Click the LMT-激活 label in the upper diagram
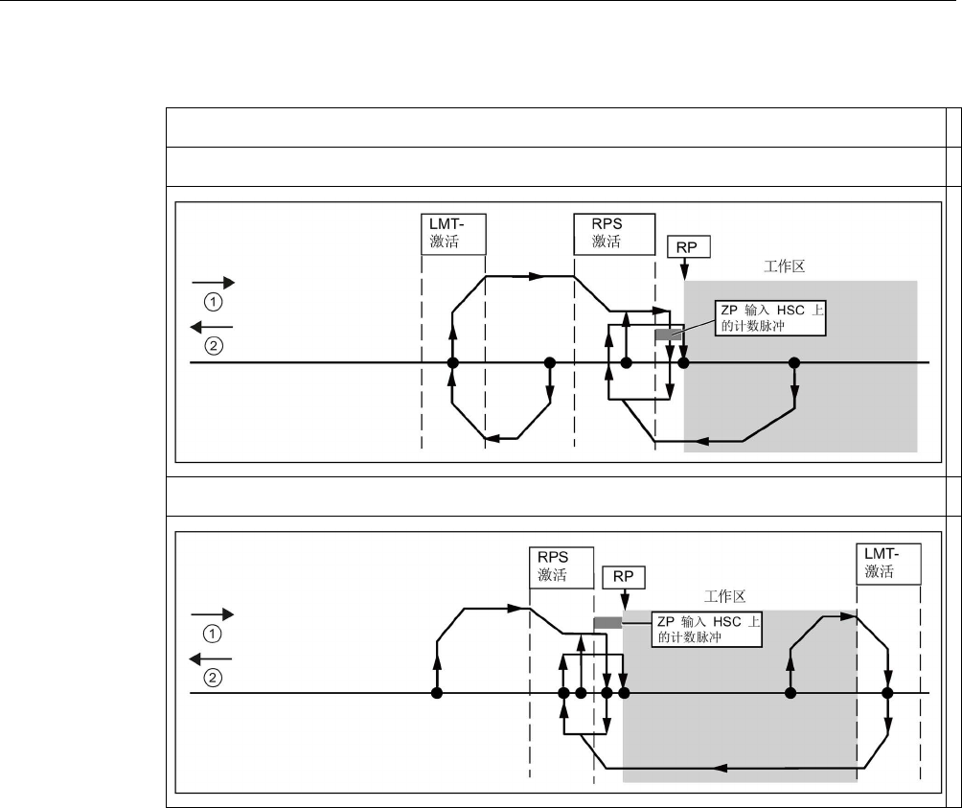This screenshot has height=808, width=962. [454, 232]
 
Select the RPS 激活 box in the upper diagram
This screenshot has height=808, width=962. [607, 232]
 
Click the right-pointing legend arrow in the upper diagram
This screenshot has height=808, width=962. [213, 284]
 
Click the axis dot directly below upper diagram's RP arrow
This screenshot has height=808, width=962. [683, 363]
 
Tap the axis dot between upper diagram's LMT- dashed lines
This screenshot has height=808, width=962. [453, 363]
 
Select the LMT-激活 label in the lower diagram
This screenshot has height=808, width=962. [888, 563]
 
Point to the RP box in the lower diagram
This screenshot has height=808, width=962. [623, 576]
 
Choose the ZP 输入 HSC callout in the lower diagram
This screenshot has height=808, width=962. [707, 629]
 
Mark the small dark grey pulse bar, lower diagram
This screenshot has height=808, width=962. [607, 622]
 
